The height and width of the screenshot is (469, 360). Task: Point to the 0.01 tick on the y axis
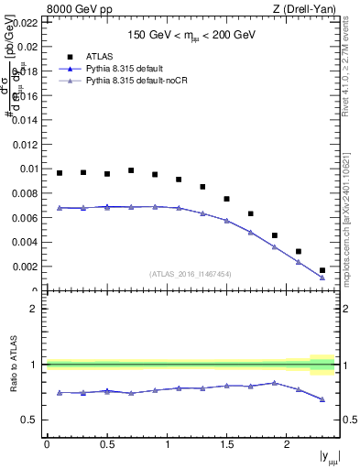(27, 169)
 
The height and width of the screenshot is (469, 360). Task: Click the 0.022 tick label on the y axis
(25, 21)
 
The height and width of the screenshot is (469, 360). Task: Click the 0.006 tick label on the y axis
(25, 218)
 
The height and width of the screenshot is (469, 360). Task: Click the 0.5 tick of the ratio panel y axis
(29, 420)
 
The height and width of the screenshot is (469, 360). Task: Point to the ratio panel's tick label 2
(34, 309)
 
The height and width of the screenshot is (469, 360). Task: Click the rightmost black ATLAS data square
(322, 270)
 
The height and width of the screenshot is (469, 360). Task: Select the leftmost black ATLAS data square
(60, 173)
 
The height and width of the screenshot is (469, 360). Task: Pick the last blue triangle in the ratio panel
(322, 399)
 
